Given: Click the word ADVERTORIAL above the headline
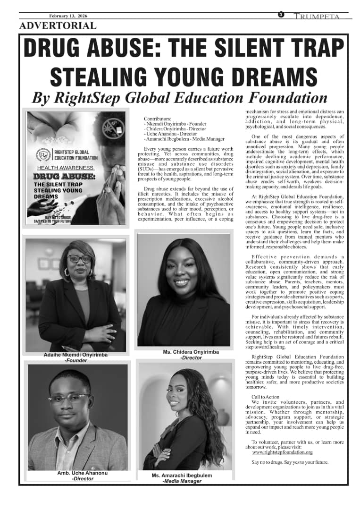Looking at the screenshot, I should [58, 26].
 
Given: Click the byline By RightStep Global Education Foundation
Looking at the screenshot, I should [179, 98].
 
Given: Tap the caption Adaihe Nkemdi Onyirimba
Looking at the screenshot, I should [72, 355].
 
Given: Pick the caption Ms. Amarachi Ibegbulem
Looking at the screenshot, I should [182, 475].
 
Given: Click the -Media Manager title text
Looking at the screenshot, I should [182, 481].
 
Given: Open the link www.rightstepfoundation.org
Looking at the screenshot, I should [283, 452].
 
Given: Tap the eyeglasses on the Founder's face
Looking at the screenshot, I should [79, 259].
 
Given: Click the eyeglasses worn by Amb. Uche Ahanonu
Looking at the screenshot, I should [69, 398].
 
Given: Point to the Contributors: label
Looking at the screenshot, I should [158, 119].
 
